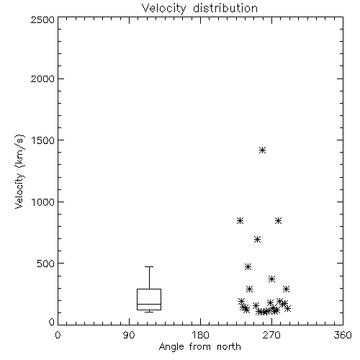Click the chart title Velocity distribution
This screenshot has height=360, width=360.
pos(199,9)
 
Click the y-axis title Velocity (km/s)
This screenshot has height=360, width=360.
pos(19,171)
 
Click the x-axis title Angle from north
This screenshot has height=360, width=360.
pos(199,346)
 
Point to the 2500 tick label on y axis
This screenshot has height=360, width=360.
pos(42,19)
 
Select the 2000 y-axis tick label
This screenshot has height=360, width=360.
pos(42,78)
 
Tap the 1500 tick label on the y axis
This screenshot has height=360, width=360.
pos(43,140)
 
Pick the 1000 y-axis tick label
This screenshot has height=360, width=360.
pos(43,202)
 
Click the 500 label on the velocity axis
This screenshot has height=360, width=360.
pos(46,264)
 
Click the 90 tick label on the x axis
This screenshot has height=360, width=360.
pos(129,335)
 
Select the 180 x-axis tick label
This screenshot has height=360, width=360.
pos(200,335)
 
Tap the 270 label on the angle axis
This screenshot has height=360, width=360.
pos(271,335)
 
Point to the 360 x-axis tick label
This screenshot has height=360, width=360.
pos(343,335)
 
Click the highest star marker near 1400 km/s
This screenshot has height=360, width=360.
pos(262,150)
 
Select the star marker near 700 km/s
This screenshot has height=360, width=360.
pos(257,239)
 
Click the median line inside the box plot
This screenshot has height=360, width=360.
pos(149,304)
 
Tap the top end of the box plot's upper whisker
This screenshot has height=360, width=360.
pos(149,266)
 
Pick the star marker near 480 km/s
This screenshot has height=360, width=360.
pos(248,266)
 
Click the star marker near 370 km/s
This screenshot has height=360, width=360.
pos(271,279)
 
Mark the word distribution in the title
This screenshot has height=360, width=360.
pos(225,9)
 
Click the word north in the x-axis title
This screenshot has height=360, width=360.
pos(229,346)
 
